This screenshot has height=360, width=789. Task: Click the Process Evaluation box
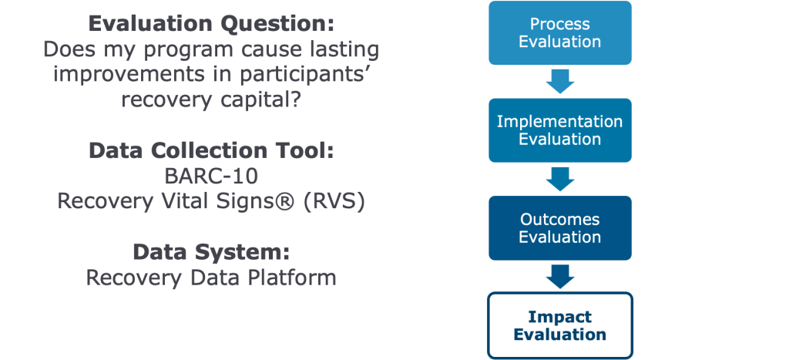point(560,32)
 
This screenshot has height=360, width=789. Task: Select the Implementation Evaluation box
point(560,130)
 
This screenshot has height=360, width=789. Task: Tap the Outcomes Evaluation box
point(560,228)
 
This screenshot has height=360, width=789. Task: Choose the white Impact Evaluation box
point(560,325)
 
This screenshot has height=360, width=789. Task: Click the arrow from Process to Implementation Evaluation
point(560,82)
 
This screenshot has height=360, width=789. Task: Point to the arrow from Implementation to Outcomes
point(560,180)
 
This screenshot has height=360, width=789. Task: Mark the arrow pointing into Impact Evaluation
point(560,277)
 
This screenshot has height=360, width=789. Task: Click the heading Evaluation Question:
point(211,25)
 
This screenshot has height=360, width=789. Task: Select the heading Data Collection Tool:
point(211,151)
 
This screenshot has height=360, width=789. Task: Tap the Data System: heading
point(211,252)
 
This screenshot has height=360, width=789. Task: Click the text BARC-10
point(211,177)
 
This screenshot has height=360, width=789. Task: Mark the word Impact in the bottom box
point(560,317)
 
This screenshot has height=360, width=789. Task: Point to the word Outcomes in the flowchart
point(560,220)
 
